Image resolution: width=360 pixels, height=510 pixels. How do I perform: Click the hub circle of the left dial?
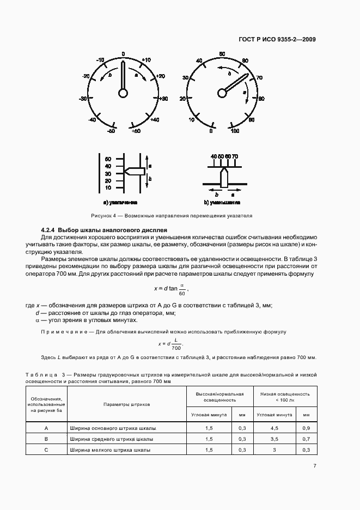click(123, 93)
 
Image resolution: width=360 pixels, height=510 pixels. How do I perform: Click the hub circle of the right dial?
click(222, 93)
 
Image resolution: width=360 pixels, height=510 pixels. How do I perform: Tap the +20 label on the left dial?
click(160, 76)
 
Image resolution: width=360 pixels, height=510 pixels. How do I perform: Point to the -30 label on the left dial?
click(83, 99)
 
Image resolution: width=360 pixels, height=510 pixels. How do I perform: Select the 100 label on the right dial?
click(235, 131)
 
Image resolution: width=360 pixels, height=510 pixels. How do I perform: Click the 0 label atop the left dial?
click(123, 54)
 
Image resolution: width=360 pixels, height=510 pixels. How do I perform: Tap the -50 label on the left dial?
click(111, 131)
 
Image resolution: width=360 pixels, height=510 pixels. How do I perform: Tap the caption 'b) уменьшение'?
click(222, 202)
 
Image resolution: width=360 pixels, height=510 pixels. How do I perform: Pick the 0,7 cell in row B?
click(306, 439)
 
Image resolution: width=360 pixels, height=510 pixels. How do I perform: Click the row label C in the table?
click(46, 450)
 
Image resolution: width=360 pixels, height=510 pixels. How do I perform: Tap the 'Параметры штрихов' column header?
click(126, 404)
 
